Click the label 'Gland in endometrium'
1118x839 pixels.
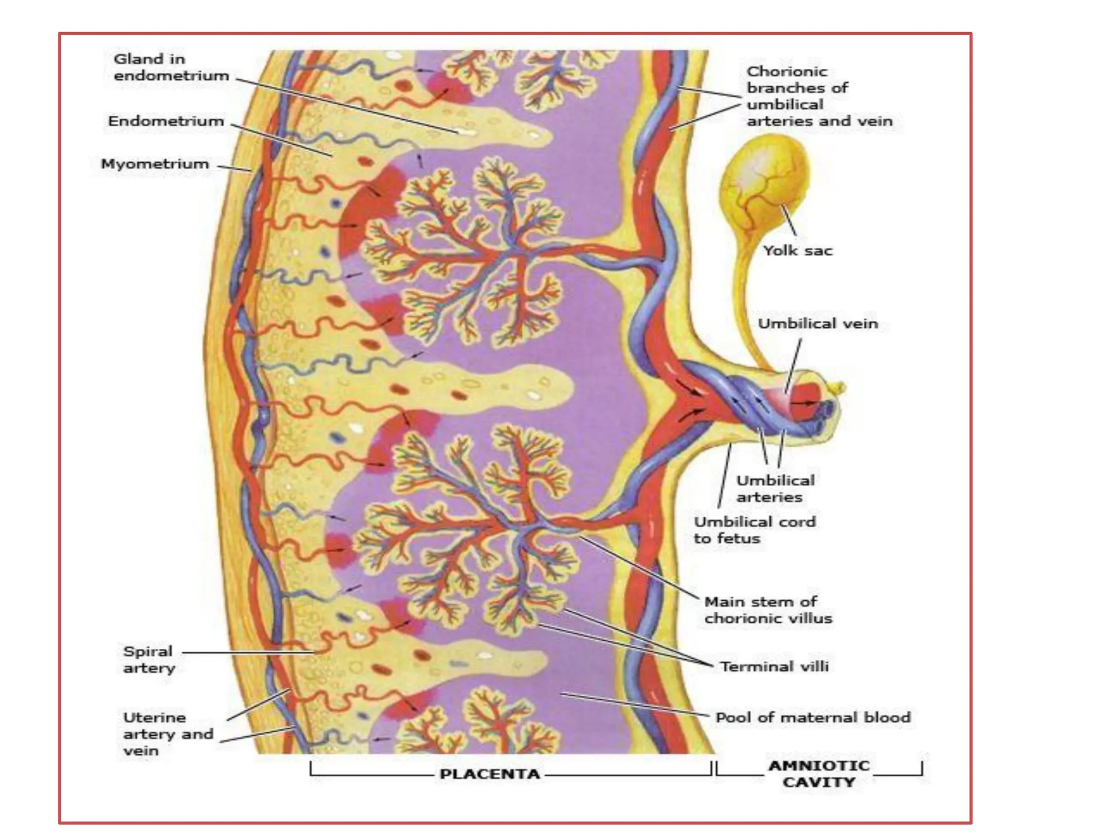(171, 67)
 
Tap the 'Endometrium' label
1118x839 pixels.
(166, 121)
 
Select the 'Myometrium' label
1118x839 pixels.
(155, 164)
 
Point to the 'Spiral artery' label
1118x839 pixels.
(149, 659)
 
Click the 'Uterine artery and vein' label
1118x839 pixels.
(168, 734)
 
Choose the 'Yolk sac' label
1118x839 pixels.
(798, 251)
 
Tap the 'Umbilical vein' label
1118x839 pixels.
(818, 324)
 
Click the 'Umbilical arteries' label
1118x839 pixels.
(775, 489)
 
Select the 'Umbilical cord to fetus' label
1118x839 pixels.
(754, 530)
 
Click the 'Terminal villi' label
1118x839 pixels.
(774, 666)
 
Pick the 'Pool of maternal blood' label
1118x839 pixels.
(813, 717)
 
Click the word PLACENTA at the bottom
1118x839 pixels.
(490, 774)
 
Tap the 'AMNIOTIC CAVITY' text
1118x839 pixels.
(819, 774)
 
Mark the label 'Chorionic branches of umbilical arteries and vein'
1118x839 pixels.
(819, 96)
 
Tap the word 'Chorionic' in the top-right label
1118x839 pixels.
(787, 72)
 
